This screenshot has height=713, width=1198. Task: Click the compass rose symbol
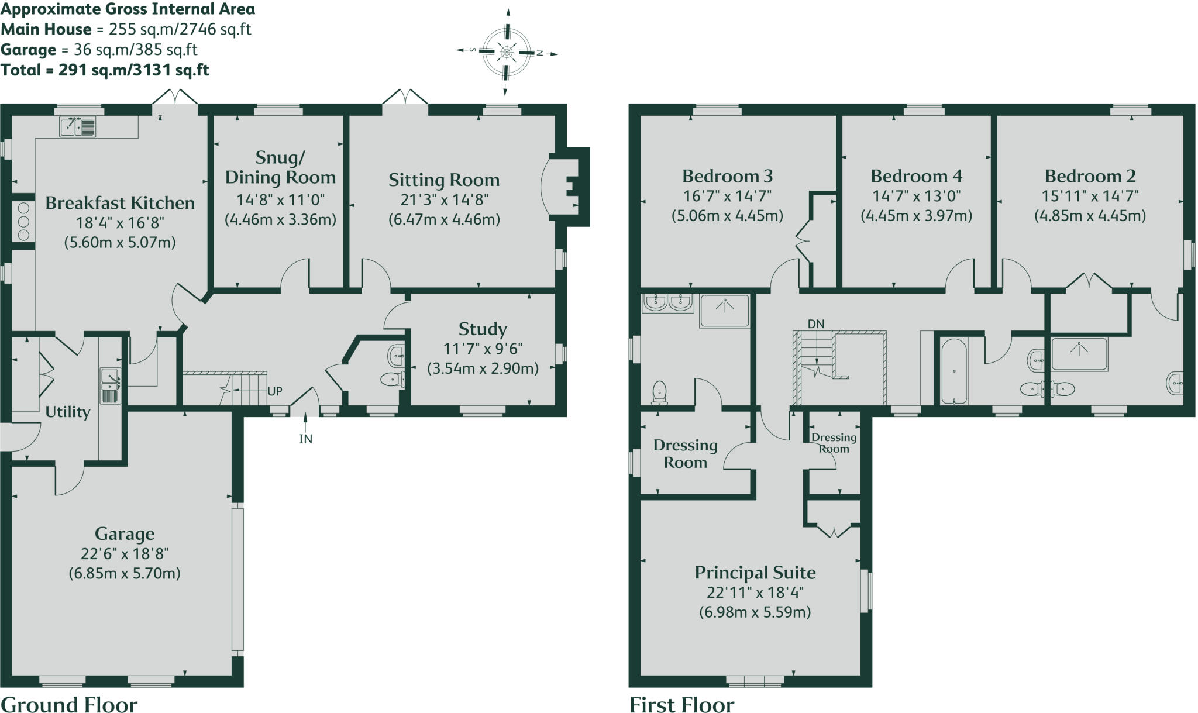(507, 53)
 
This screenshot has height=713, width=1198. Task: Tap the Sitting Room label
(444, 180)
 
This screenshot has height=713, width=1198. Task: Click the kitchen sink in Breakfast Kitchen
(77, 127)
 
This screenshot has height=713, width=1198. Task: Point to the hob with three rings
(23, 221)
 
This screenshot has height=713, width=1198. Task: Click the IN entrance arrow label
(305, 439)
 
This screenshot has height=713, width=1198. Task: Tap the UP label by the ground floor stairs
(274, 391)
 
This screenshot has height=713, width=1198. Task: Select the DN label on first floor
(815, 323)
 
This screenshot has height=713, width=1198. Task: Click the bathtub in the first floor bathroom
(954, 371)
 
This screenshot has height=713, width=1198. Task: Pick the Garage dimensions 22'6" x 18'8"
(125, 553)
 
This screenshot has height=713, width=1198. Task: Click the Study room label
(483, 329)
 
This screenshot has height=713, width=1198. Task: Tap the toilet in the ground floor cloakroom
(391, 380)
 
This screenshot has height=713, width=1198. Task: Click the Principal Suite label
(755, 573)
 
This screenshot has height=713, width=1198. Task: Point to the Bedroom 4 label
(916, 176)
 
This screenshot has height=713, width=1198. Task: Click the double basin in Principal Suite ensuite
(667, 302)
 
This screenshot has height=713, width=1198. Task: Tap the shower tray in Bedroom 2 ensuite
(1079, 354)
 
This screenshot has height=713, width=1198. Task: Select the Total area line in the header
(105, 70)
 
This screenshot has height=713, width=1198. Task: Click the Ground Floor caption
(69, 704)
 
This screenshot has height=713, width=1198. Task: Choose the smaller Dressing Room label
(833, 443)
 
